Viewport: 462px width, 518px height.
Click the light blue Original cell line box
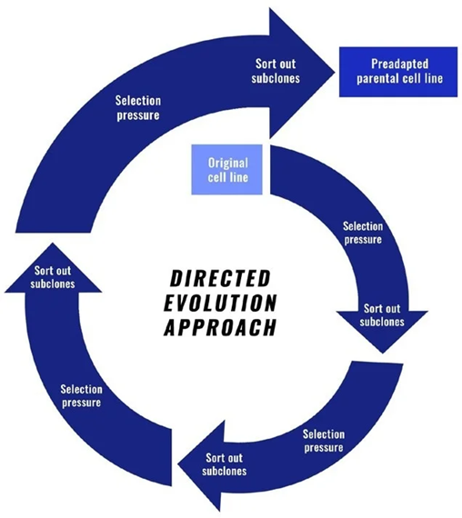(x=228, y=169)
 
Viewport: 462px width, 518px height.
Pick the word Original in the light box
(x=228, y=163)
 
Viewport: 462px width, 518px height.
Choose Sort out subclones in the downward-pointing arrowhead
(x=382, y=315)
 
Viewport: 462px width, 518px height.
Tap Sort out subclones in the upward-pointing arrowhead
(x=55, y=276)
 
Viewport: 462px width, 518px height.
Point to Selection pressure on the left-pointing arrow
(x=323, y=441)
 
